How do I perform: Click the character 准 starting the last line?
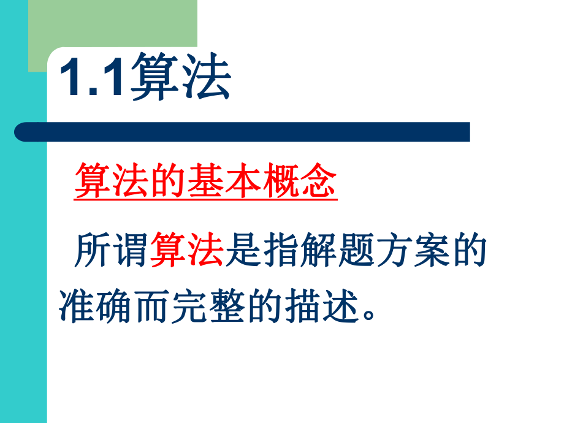point(77,305)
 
